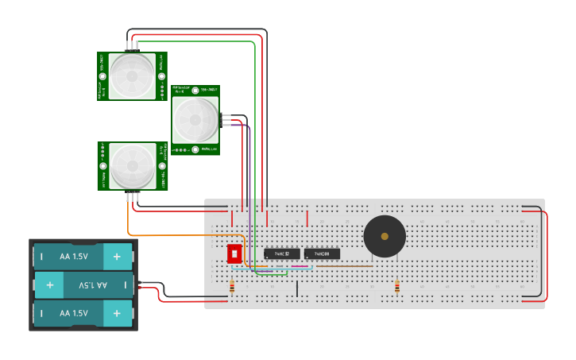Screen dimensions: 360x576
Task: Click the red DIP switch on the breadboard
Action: pyautogui.click(x=234, y=254)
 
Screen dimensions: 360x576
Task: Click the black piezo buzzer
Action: pyautogui.click(x=385, y=236)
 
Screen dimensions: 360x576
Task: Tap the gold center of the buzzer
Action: pyautogui.click(x=385, y=236)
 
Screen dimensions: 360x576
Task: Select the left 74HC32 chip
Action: pyautogui.click(x=282, y=254)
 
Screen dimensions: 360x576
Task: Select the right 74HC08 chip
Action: pyautogui.click(x=322, y=254)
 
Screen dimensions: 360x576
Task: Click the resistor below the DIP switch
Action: pyautogui.click(x=232, y=287)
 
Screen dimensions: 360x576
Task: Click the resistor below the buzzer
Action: pyautogui.click(x=397, y=287)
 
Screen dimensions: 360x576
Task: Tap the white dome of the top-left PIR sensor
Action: pyautogui.click(x=132, y=76)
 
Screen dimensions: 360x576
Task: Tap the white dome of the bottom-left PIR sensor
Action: pyautogui.click(x=132, y=166)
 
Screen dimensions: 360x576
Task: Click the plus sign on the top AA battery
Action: pyautogui.click(x=117, y=257)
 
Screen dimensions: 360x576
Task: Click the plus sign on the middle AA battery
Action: pyautogui.click(x=49, y=285)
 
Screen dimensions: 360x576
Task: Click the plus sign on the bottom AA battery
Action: pyautogui.click(x=117, y=313)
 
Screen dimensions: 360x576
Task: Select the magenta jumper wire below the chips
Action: pyautogui.click(x=300, y=265)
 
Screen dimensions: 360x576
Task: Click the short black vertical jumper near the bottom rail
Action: pyautogui.click(x=297, y=288)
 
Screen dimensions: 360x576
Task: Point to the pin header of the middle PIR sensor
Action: pyautogui.click(x=225, y=121)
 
